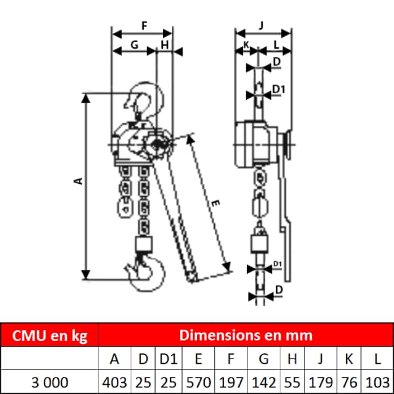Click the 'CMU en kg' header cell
[x=49, y=336]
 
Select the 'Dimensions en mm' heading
[x=246, y=335]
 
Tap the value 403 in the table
[x=114, y=382]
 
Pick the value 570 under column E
[x=198, y=382]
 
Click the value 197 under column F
[x=231, y=382]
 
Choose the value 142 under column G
[x=263, y=382]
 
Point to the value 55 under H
[x=292, y=382]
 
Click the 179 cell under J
[x=320, y=382]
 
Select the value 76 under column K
[x=349, y=382]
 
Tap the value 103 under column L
[x=378, y=382]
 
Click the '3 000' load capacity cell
[x=49, y=382]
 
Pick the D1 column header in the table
[x=168, y=359]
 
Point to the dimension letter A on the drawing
[x=79, y=181]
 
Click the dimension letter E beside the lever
[x=215, y=203]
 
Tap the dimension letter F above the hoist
[x=144, y=26]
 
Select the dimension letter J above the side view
[x=261, y=26]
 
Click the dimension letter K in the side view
[x=246, y=45]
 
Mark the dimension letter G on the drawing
[x=135, y=45]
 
